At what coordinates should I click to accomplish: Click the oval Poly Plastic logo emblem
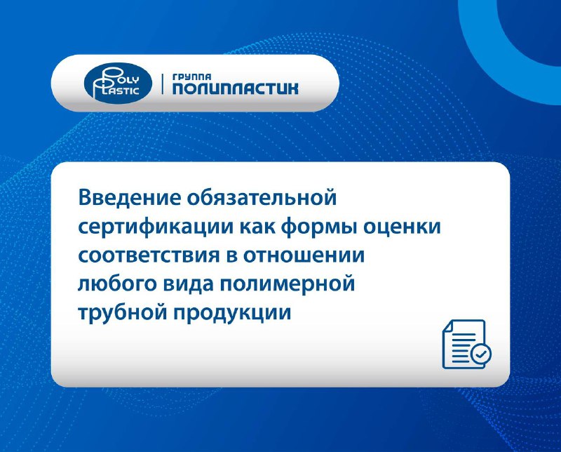tap(118, 84)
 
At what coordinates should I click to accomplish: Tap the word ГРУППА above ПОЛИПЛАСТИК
tap(191, 77)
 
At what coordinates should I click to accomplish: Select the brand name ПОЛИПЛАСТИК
tap(235, 89)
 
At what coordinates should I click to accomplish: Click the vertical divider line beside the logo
tap(163, 84)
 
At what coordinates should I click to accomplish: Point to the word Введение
tap(130, 197)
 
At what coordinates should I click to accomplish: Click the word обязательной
tap(262, 197)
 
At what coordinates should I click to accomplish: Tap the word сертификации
tap(156, 227)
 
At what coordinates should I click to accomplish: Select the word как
tap(257, 227)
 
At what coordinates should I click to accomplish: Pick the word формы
tap(319, 228)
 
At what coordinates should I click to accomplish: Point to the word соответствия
tap(149, 256)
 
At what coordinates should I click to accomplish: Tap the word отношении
tap(304, 256)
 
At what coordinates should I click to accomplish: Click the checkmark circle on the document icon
tap(481, 354)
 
